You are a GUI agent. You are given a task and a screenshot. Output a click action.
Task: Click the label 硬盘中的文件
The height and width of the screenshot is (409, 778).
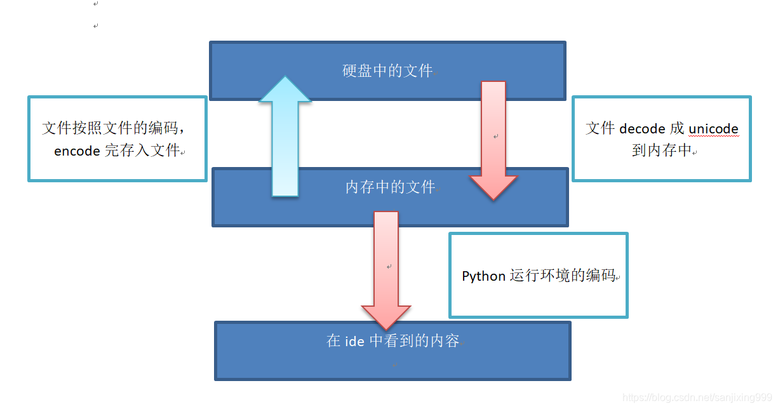[x=387, y=71]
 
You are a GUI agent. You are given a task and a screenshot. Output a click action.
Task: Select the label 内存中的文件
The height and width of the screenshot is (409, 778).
[x=390, y=187]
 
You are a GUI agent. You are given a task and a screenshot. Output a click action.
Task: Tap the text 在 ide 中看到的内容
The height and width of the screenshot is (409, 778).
[x=393, y=340]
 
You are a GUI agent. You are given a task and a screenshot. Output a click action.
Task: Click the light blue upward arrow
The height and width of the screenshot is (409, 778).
[x=285, y=136]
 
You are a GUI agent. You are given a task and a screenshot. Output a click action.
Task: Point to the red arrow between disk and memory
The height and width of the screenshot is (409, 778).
[x=493, y=140]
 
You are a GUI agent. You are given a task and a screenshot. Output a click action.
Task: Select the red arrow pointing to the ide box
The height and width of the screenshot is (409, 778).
[x=386, y=271]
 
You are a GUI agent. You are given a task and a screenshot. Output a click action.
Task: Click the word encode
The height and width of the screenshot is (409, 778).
[x=77, y=151]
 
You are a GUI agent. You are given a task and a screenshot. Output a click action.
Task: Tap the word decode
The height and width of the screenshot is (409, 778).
[x=642, y=129]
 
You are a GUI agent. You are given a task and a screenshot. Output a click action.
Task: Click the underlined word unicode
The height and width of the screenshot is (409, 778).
[x=713, y=129]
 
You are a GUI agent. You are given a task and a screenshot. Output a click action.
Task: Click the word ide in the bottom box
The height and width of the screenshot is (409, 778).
[x=354, y=341]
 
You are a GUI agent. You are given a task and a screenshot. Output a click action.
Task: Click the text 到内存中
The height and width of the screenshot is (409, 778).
[x=662, y=151]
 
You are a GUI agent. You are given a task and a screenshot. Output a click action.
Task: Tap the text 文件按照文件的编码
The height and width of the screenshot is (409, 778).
[x=110, y=128]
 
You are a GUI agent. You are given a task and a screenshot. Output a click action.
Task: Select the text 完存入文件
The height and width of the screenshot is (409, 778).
[x=142, y=151]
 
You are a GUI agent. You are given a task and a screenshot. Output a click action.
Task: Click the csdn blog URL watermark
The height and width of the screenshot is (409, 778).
[x=697, y=397]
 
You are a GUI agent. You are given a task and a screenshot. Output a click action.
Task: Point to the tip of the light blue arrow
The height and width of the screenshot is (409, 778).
[x=285, y=76]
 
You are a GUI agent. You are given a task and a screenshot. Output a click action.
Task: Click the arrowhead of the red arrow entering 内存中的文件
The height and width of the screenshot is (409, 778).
[x=493, y=188]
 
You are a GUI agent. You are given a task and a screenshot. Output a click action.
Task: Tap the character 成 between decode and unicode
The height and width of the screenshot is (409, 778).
[x=677, y=128]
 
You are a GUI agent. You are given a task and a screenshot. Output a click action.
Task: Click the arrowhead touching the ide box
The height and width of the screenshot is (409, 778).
[x=386, y=318]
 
